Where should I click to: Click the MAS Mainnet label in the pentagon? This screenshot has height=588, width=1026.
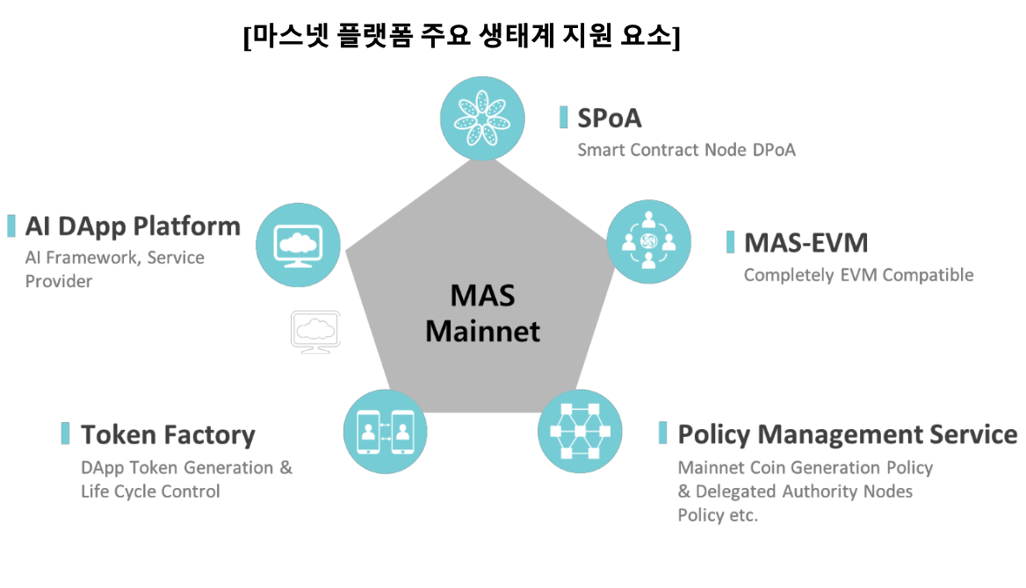tap(482, 313)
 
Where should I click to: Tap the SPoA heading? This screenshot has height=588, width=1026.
tap(610, 118)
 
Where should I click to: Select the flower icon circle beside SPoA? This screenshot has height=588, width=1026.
tap(482, 118)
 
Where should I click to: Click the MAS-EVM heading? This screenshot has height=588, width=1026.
tap(806, 242)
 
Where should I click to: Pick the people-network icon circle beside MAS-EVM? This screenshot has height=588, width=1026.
tap(649, 241)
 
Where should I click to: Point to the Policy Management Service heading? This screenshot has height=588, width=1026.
tap(847, 434)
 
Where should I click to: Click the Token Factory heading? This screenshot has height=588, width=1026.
tap(168, 434)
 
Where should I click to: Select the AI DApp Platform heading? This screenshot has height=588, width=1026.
tap(133, 226)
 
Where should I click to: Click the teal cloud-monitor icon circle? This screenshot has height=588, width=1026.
tap(299, 245)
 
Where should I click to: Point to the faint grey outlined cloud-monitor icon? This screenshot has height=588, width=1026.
tap(315, 331)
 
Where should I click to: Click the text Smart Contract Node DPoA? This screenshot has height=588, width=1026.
tap(686, 150)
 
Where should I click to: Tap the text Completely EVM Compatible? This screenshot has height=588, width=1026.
tap(858, 276)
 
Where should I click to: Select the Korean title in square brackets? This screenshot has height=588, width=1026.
tap(462, 37)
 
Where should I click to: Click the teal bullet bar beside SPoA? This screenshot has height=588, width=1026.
tap(564, 117)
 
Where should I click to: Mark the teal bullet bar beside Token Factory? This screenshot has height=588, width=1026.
tap(65, 434)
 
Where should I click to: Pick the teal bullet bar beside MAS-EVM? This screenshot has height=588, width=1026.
tap(730, 242)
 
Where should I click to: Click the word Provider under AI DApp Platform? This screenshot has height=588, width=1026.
tap(58, 282)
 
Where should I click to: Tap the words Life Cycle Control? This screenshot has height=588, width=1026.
tap(150, 491)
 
